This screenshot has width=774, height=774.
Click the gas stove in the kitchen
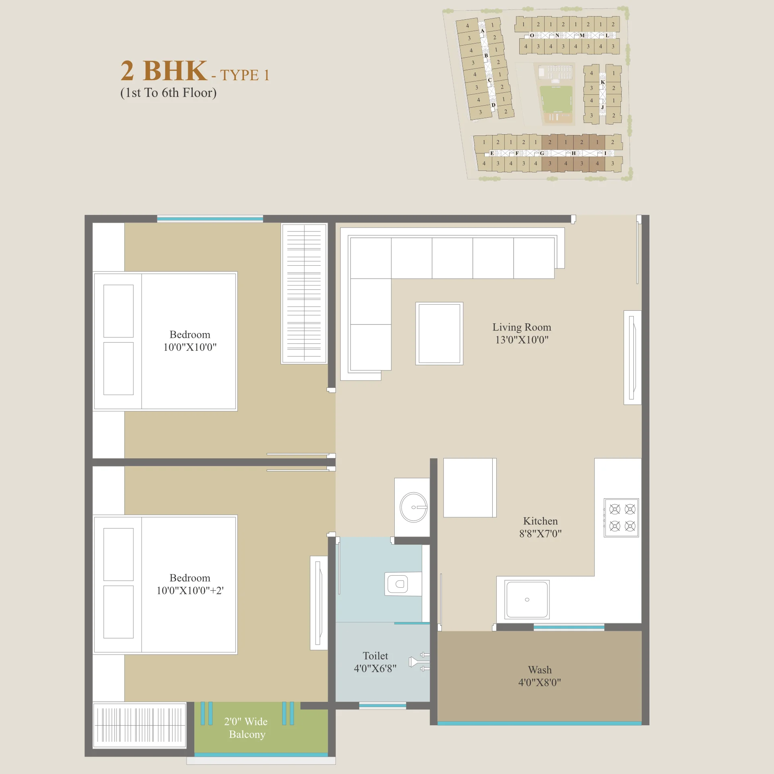click(621, 518)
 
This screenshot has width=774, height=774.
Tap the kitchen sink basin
click(527, 599)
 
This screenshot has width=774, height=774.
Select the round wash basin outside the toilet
click(414, 507)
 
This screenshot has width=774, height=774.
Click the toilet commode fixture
click(403, 584)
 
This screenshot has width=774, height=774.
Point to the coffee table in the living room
click(439, 334)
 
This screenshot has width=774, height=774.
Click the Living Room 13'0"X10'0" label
click(522, 333)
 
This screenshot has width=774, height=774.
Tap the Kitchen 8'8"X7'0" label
click(540, 527)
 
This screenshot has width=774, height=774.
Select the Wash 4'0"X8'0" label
click(540, 676)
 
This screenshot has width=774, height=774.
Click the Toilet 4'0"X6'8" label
click(375, 662)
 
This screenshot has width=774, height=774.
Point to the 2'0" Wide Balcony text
click(246, 728)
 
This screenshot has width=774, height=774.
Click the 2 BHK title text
click(164, 71)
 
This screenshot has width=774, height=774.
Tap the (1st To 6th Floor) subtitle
click(169, 93)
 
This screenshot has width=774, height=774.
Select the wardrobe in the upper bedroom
click(304, 293)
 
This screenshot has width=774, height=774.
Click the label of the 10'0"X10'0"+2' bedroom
click(190, 584)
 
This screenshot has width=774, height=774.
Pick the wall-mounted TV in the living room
click(632, 358)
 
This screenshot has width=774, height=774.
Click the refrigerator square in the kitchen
click(470, 488)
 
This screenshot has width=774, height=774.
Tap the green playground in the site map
click(556, 99)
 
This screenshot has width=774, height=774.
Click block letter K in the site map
click(603, 82)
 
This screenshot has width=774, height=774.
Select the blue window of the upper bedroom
click(210, 219)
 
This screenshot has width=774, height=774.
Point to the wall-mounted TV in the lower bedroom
click(318, 603)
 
